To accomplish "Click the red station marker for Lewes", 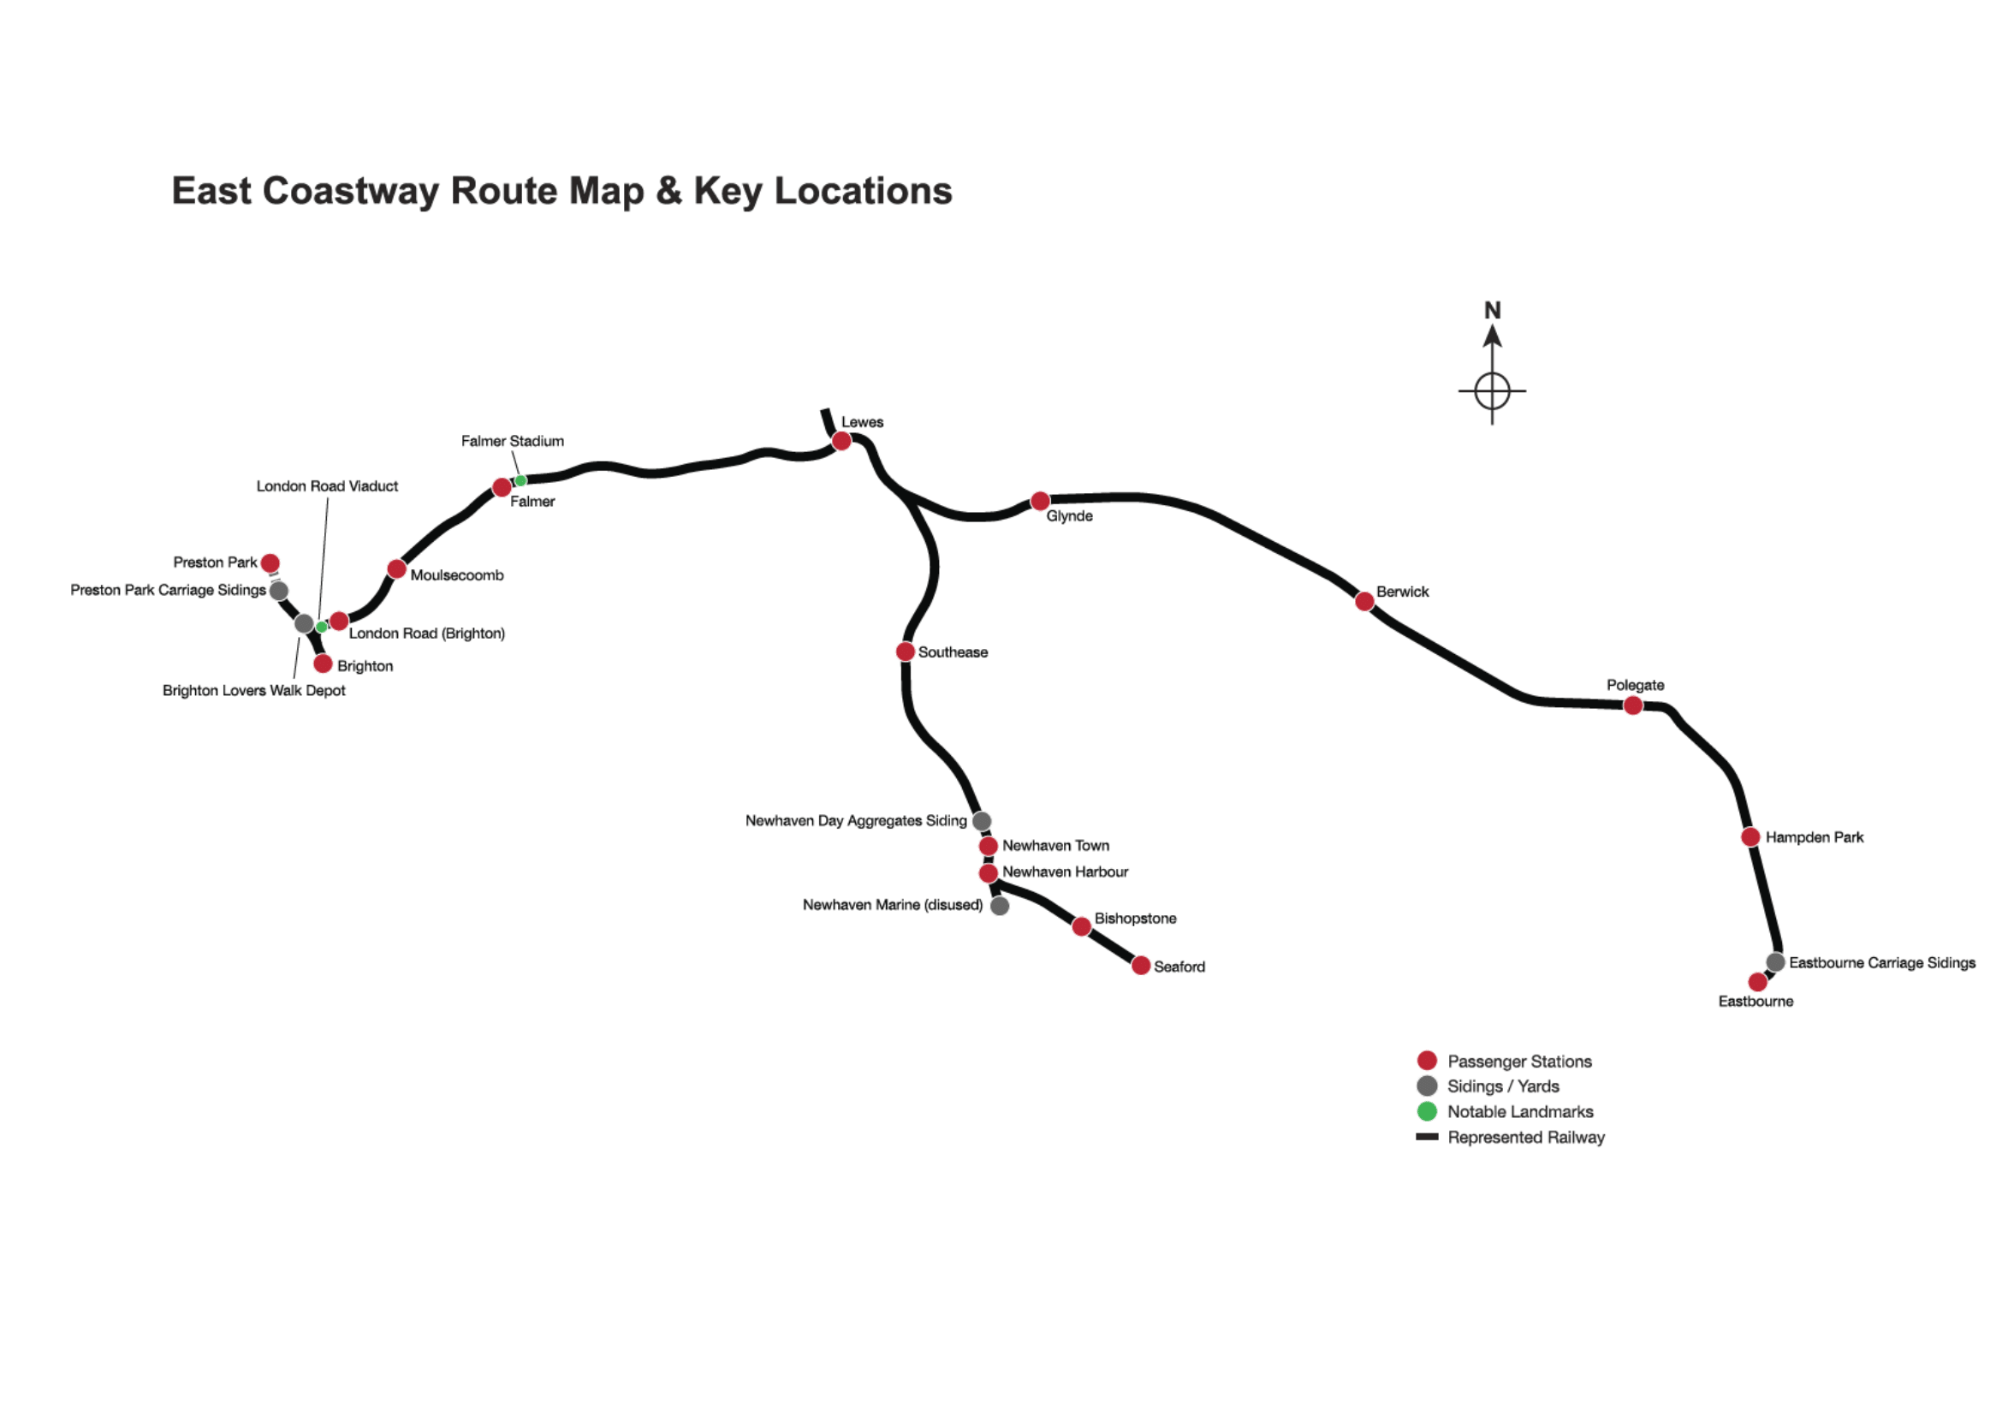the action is click(x=841, y=441).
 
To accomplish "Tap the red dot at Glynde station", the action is click(x=1040, y=502).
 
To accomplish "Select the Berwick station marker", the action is click(x=1364, y=601).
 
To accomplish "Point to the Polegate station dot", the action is click(x=1633, y=705).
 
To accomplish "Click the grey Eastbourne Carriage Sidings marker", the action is click(x=1775, y=961).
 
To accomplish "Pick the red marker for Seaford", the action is click(x=1140, y=965).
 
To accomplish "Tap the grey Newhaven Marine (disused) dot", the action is click(x=1000, y=906).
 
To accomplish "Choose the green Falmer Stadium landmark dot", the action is click(x=520, y=480).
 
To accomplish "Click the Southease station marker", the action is click(x=905, y=652).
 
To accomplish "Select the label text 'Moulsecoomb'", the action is click(x=457, y=575).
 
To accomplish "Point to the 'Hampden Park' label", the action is click(x=1815, y=837).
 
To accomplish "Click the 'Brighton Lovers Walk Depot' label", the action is click(x=253, y=691).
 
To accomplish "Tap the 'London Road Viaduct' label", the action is click(x=327, y=486).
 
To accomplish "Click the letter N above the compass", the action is click(x=1493, y=311).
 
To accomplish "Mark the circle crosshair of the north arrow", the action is click(x=1492, y=390).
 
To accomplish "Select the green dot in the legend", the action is click(x=1428, y=1111).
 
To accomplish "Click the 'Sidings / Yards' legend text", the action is click(x=1503, y=1086).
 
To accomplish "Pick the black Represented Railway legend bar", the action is click(x=1428, y=1137).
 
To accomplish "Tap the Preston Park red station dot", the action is click(x=270, y=563).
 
